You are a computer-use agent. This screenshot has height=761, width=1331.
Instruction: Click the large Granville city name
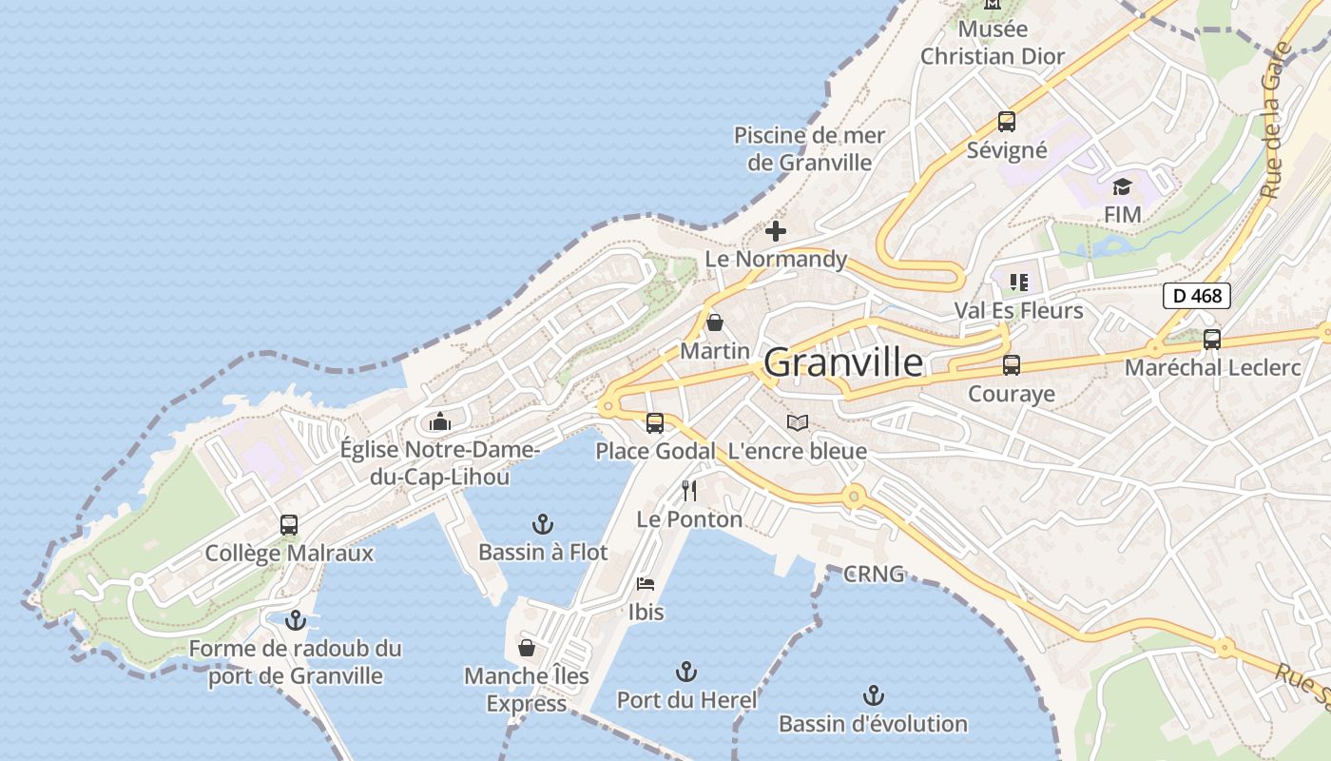pyautogui.click(x=842, y=362)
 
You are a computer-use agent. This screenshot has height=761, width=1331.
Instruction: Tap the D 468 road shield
pyautogui.click(x=1197, y=296)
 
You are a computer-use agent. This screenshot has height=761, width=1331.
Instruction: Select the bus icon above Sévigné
pyautogui.click(x=1007, y=122)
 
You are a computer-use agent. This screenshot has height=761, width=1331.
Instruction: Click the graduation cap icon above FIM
pyautogui.click(x=1123, y=186)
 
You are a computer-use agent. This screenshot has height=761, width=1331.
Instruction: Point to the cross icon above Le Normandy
pyautogui.click(x=776, y=230)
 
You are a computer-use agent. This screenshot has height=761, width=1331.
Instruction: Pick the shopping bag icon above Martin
pyautogui.click(x=715, y=322)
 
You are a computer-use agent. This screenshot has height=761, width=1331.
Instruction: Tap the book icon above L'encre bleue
pyautogui.click(x=798, y=422)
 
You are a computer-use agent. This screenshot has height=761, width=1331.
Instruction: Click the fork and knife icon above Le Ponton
pyautogui.click(x=690, y=491)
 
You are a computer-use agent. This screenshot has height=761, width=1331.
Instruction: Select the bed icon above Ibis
pyautogui.click(x=646, y=583)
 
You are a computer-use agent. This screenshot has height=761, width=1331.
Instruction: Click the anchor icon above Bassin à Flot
pyautogui.click(x=542, y=523)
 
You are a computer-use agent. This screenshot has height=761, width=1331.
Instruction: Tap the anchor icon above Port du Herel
pyautogui.click(x=686, y=672)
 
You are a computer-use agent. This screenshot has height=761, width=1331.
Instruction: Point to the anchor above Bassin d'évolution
pyautogui.click(x=873, y=695)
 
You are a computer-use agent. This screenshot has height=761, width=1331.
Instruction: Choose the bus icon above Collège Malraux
pyautogui.click(x=289, y=524)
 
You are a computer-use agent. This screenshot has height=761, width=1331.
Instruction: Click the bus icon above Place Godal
pyautogui.click(x=655, y=423)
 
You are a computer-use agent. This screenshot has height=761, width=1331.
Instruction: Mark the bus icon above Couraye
pyautogui.click(x=1012, y=365)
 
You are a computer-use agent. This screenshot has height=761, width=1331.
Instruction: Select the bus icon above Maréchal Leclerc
pyautogui.click(x=1212, y=340)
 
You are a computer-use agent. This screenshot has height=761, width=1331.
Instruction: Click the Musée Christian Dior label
pyautogui.click(x=993, y=43)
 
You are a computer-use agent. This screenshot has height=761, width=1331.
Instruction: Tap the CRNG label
pyautogui.click(x=874, y=575)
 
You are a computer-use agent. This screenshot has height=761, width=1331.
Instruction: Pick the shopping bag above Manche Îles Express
pyautogui.click(x=527, y=648)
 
